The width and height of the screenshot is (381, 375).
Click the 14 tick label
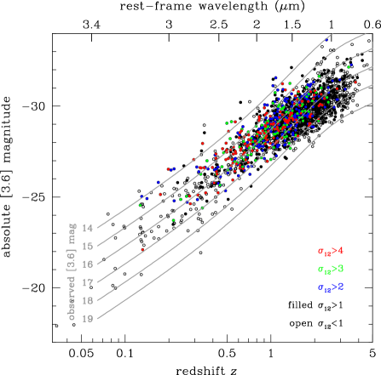point(89,227)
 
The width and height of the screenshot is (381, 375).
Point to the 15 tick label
point(89,245)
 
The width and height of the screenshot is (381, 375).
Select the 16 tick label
point(89,263)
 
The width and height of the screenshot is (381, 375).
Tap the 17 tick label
point(89,281)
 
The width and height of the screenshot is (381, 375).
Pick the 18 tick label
point(89,299)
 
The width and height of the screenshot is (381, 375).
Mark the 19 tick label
point(89,317)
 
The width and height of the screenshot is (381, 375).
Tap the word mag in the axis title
point(72,234)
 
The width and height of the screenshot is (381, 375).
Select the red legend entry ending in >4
point(331,251)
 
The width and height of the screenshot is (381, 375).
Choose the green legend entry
point(331,269)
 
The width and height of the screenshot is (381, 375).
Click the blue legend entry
point(331,287)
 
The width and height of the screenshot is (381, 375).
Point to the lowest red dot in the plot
point(142,250)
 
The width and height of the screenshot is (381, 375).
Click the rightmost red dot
point(355,82)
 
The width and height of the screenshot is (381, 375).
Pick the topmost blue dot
point(327,38)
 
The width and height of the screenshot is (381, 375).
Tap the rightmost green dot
point(348,66)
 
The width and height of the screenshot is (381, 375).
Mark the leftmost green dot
point(140,205)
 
